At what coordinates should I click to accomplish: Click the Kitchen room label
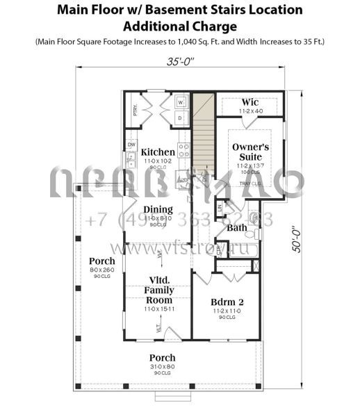pyautogui.click(x=158, y=152)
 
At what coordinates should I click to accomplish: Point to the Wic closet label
pyautogui.click(x=249, y=102)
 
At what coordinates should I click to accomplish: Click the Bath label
pyautogui.click(x=237, y=227)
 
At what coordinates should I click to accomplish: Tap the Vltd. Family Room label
pyautogui.click(x=158, y=289)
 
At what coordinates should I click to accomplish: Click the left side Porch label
pyautogui.click(x=102, y=261)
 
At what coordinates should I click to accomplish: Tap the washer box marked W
pyautogui.click(x=180, y=101)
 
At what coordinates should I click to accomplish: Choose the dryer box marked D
pyautogui.click(x=180, y=118)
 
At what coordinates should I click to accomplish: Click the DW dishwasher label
pyautogui.click(x=131, y=145)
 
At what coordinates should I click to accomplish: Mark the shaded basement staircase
pyautogui.click(x=202, y=132)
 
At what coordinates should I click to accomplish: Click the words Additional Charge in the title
pyautogui.click(x=179, y=26)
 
